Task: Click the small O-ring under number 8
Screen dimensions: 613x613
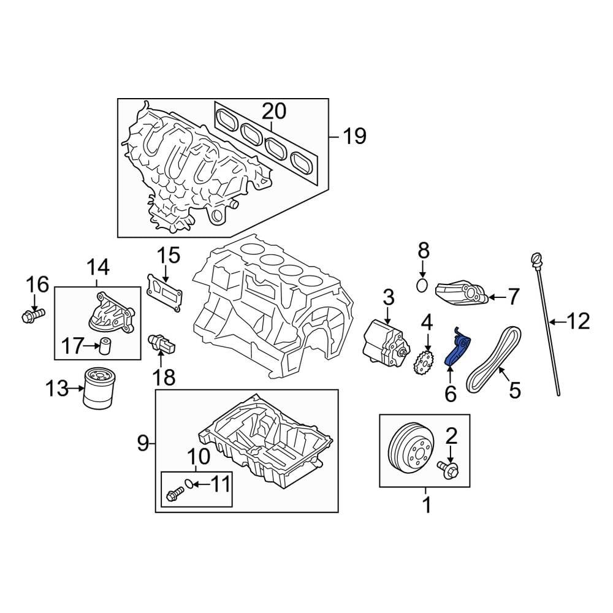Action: [422, 285]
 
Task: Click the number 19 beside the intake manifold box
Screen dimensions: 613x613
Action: [354, 135]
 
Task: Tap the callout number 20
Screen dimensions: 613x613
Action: [274, 111]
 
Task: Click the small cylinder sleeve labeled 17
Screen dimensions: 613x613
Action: [106, 346]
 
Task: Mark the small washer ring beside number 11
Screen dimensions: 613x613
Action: [190, 485]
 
